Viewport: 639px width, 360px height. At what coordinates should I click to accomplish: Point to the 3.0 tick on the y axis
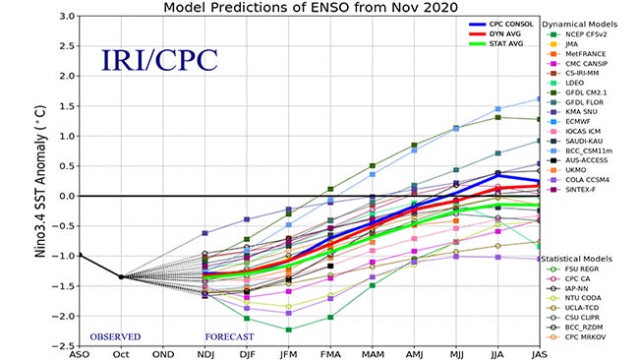pos(66,17)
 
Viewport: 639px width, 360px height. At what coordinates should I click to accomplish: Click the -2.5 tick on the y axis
pos(64,346)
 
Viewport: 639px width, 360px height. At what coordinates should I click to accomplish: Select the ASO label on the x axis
pos(81,355)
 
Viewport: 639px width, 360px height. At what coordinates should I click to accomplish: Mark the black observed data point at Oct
pos(121,276)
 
